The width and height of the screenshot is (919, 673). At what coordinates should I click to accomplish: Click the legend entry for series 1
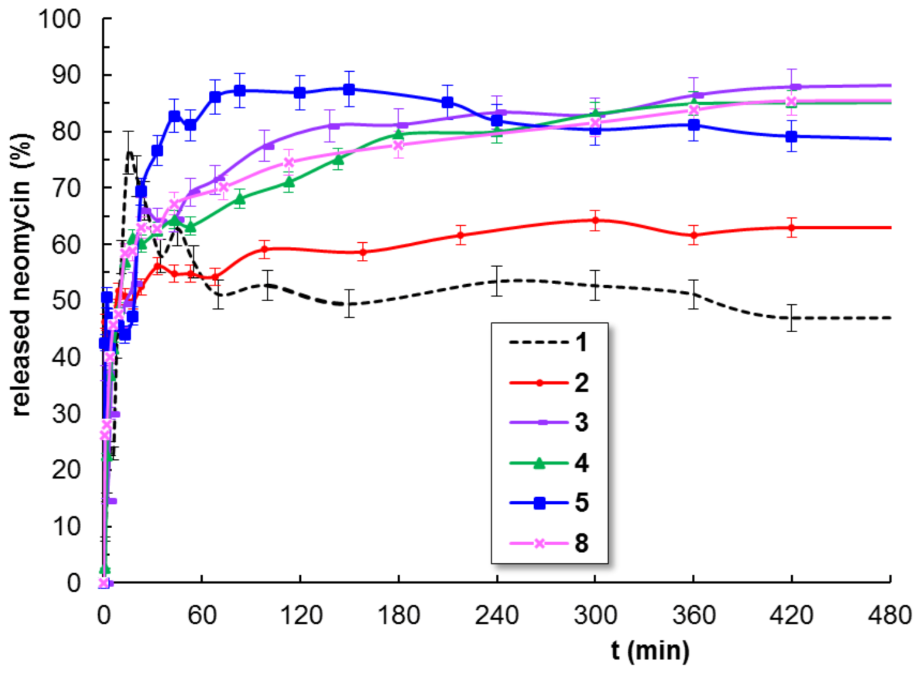548,343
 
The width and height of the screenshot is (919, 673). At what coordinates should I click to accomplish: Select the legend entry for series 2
548,383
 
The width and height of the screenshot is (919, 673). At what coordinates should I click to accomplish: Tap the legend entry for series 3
548,422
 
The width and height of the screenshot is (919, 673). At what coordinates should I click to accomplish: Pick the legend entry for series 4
548,463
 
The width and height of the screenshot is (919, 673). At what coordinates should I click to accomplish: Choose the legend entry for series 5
548,503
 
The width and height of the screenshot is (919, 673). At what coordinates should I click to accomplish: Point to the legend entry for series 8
548,543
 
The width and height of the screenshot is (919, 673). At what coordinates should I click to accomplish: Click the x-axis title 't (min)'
650,650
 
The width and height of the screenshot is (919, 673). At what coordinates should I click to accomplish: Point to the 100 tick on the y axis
60,19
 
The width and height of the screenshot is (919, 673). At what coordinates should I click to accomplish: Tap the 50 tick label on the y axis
66,301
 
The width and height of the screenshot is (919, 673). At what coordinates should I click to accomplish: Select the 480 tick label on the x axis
890,616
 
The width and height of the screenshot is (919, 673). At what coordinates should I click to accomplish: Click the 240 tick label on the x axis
497,616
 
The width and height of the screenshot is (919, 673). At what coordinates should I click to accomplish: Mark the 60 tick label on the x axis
202,616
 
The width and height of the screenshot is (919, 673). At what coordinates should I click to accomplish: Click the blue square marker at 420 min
791,137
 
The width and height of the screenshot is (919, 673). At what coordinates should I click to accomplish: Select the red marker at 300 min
595,220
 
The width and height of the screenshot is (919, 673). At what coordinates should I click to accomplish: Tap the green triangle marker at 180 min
399,134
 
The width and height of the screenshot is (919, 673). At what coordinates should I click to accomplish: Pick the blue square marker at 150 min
349,89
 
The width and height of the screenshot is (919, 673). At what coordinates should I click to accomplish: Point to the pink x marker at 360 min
693,110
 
